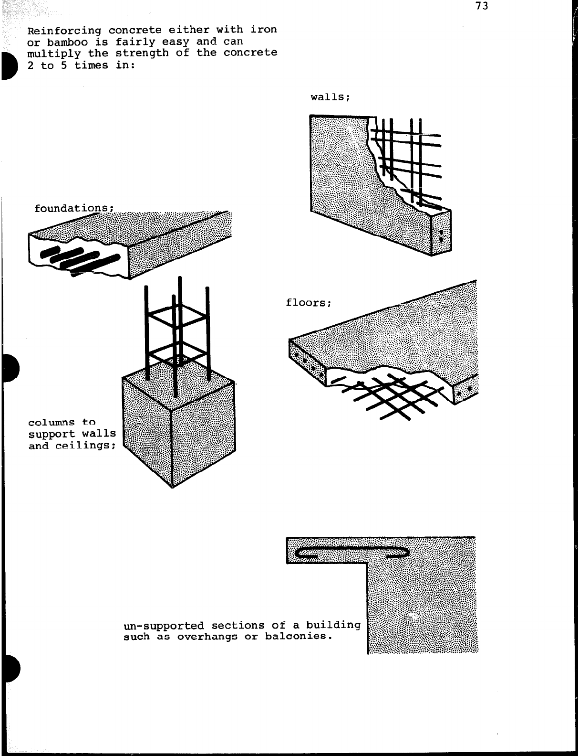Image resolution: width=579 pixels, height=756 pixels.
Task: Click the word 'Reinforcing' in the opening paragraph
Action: pos(64,31)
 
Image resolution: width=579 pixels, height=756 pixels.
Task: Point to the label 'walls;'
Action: pos(331,97)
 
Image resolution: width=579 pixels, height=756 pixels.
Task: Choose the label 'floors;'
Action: pos(308,303)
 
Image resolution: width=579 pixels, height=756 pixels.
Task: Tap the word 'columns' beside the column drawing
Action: pos(52,423)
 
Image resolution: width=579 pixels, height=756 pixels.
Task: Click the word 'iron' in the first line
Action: pos(264,30)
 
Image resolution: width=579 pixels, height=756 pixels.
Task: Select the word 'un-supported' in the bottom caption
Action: pos(163,626)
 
